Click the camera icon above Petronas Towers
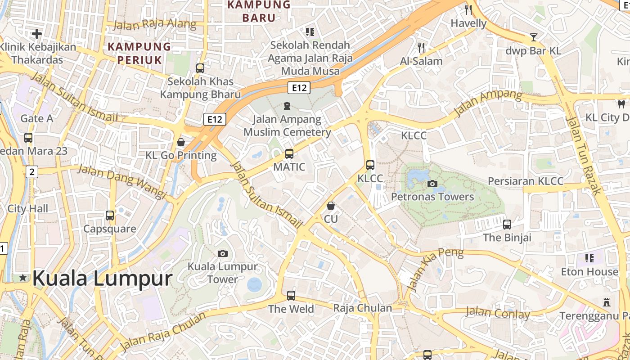432,184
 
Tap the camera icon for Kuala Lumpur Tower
223,253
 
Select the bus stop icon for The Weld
291,296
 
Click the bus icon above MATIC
289,154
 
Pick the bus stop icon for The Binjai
507,224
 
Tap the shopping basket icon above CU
331,206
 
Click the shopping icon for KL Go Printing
181,142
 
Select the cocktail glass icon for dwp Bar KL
534,37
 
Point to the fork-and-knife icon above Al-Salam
421,47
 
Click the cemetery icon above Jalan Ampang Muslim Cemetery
287,106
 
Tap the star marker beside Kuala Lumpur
23,278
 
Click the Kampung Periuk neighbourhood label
139,53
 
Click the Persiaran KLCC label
526,181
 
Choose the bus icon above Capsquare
110,216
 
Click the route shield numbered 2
31,171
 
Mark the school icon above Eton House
589,258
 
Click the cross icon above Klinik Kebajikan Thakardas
37,33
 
